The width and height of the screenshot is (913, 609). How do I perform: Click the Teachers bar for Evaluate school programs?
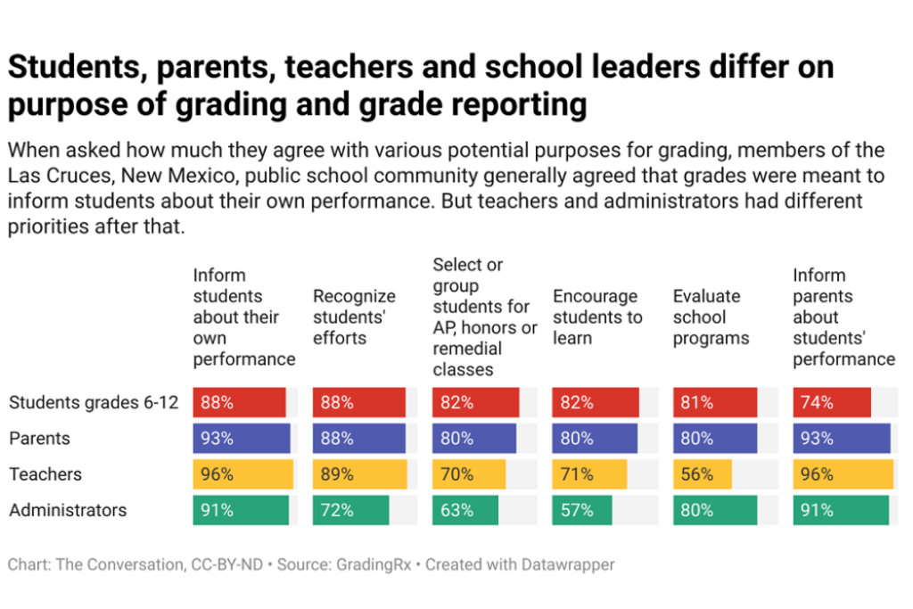coord(703,474)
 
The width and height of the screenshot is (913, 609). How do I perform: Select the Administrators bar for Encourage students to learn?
coord(582,510)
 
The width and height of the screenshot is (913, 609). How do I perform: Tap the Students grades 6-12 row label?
coord(94,402)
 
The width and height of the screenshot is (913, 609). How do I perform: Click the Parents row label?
coord(39,439)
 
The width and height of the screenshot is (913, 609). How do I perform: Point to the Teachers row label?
coord(45,474)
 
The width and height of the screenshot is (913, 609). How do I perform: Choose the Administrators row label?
coord(68,510)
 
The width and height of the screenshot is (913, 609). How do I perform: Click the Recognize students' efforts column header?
coord(354,317)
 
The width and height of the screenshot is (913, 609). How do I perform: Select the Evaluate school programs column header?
coord(711,317)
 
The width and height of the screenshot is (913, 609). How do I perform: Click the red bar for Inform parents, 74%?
coord(832,402)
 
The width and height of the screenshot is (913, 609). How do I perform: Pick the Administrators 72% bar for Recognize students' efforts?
coord(350,510)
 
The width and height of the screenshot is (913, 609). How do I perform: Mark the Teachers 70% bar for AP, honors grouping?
coord(469,474)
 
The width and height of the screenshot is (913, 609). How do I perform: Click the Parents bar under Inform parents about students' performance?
coord(842,439)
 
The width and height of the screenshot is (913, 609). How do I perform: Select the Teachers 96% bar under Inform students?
coord(243,474)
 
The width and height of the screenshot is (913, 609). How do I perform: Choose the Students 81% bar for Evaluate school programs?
coord(715,402)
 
